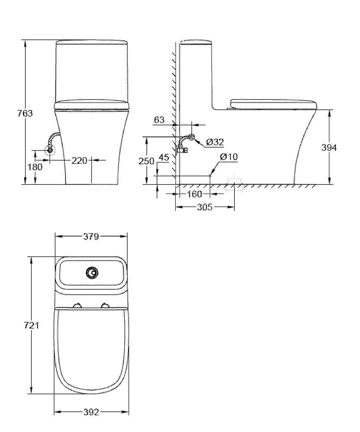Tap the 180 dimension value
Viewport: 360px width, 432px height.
pyautogui.click(x=35, y=167)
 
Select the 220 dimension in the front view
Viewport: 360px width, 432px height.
pyautogui.click(x=79, y=161)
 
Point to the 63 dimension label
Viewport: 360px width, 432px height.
pyautogui.click(x=159, y=120)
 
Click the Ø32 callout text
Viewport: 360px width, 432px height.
pyautogui.click(x=215, y=142)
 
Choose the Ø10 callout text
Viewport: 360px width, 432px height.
pyautogui.click(x=228, y=157)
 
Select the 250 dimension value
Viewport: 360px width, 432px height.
pyautogui.click(x=146, y=161)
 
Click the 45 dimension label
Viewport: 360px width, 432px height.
pyautogui.click(x=164, y=157)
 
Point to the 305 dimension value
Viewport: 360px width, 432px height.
pyautogui.click(x=204, y=207)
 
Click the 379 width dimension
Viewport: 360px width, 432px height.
pyautogui.click(x=91, y=236)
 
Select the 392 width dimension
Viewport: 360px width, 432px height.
pyautogui.click(x=91, y=412)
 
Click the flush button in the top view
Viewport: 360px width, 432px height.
pyautogui.click(x=92, y=273)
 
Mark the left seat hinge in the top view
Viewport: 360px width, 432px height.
pyautogui.click(x=78, y=305)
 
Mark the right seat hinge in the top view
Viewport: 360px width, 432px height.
pyautogui.click(x=105, y=305)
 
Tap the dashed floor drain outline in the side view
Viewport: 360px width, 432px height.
pyautogui.click(x=234, y=184)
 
